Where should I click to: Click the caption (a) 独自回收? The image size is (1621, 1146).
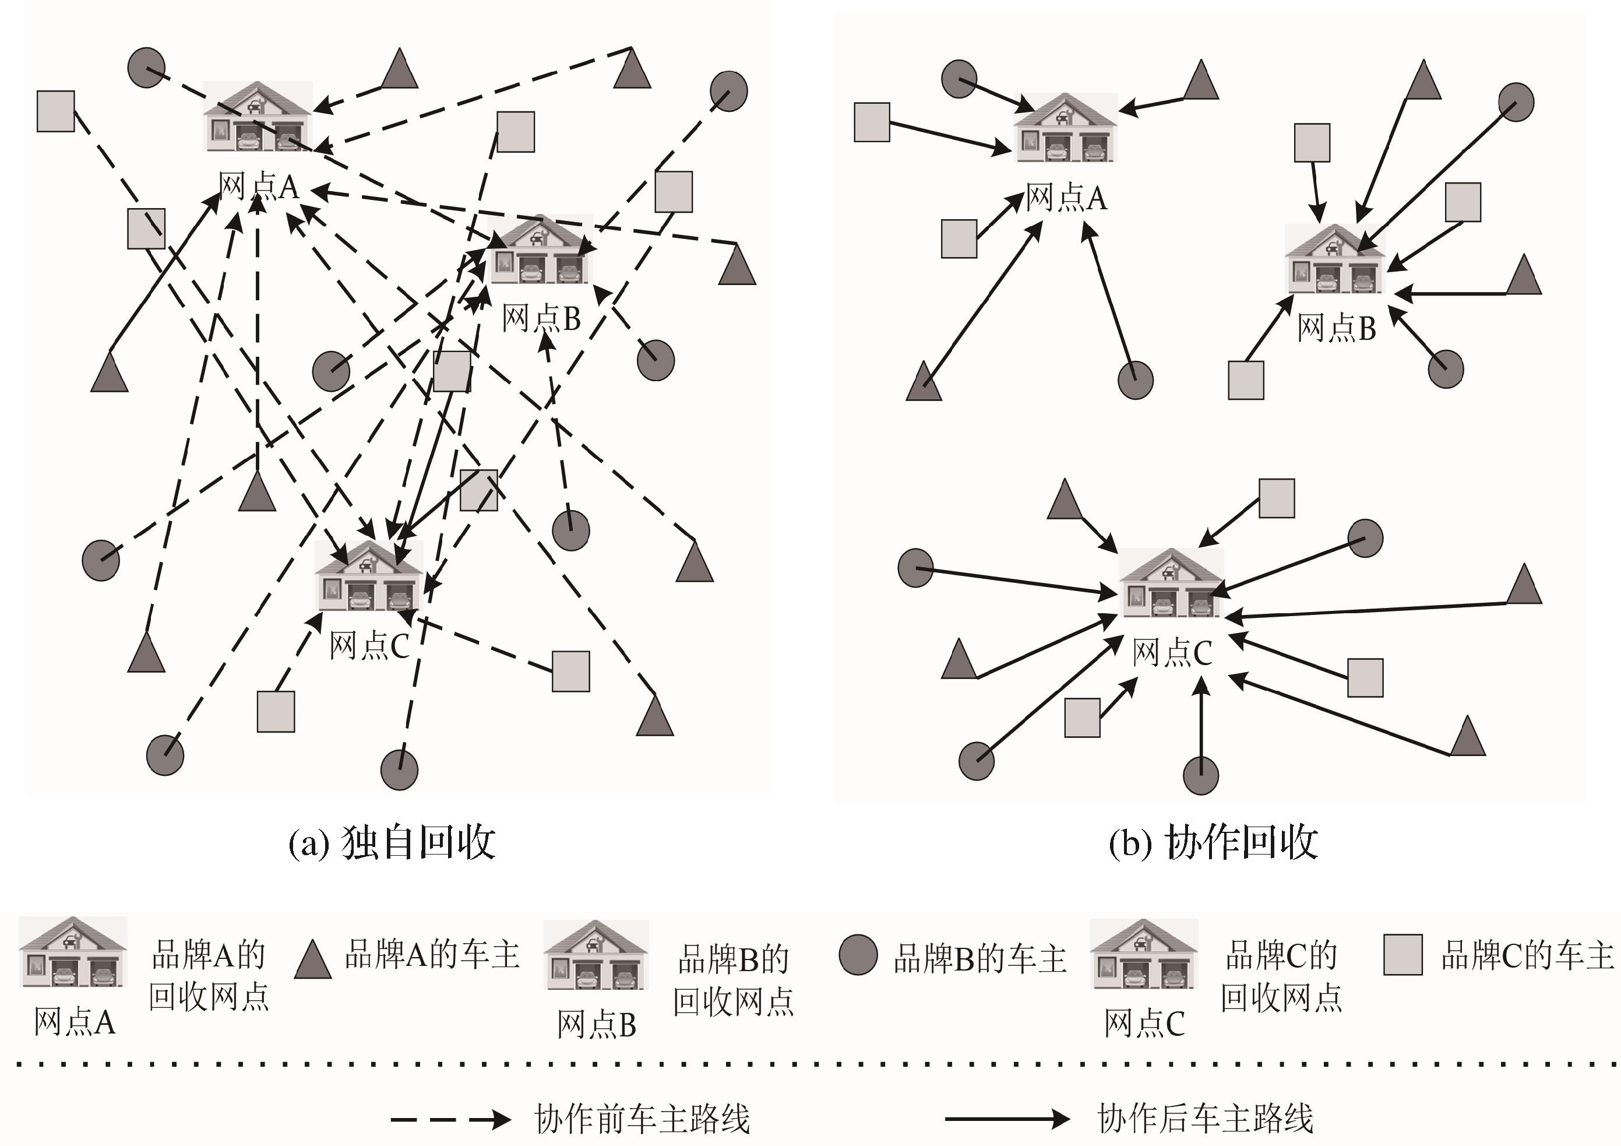pos(392,842)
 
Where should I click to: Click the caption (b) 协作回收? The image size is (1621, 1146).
pos(1213,842)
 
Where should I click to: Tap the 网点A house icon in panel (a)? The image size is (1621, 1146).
pos(258,117)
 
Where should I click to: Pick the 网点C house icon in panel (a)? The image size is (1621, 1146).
pos(368,575)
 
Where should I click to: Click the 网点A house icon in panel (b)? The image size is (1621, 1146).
pos(1065,128)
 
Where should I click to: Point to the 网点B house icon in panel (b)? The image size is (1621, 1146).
pos(1335,259)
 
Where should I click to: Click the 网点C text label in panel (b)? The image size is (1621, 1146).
pos(1172,653)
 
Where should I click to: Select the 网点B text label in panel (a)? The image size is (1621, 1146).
pos(541,318)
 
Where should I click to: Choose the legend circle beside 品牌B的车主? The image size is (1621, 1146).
pos(858,955)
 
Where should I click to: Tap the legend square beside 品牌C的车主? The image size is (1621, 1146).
pos(1402,955)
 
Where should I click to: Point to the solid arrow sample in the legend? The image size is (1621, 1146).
pos(1007,1119)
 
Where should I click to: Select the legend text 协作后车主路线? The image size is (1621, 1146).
pos(1205,1119)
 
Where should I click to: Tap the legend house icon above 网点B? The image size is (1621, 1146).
pos(596,955)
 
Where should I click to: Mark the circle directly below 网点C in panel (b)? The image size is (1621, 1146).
pos(1200,775)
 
